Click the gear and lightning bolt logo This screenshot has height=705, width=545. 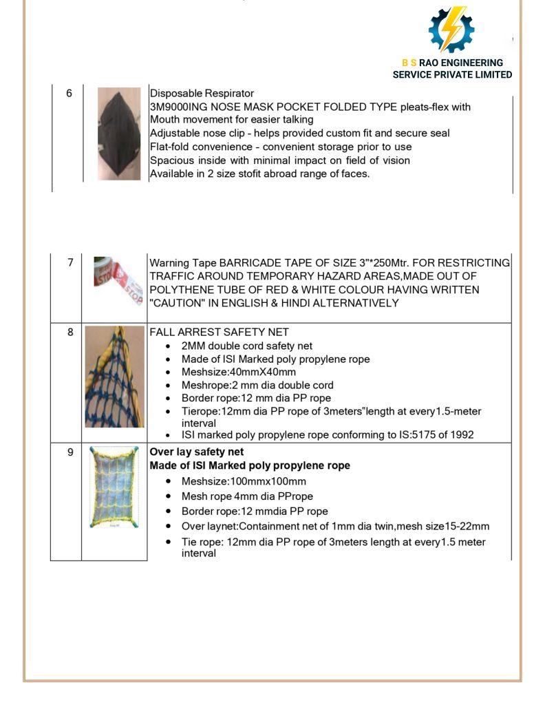pyautogui.click(x=451, y=30)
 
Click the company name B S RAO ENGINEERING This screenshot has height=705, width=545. pyautogui.click(x=452, y=63)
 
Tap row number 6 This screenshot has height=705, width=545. pyautogui.click(x=69, y=94)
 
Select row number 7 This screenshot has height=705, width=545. pyautogui.click(x=70, y=263)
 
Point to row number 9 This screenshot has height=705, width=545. pyautogui.click(x=70, y=452)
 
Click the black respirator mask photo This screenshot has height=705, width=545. pyautogui.click(x=119, y=134)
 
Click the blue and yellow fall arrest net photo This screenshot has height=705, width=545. pyautogui.click(x=114, y=377)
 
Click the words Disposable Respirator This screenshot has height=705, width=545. pyautogui.click(x=202, y=94)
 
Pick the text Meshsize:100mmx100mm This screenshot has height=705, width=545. pyautogui.click(x=244, y=481)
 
